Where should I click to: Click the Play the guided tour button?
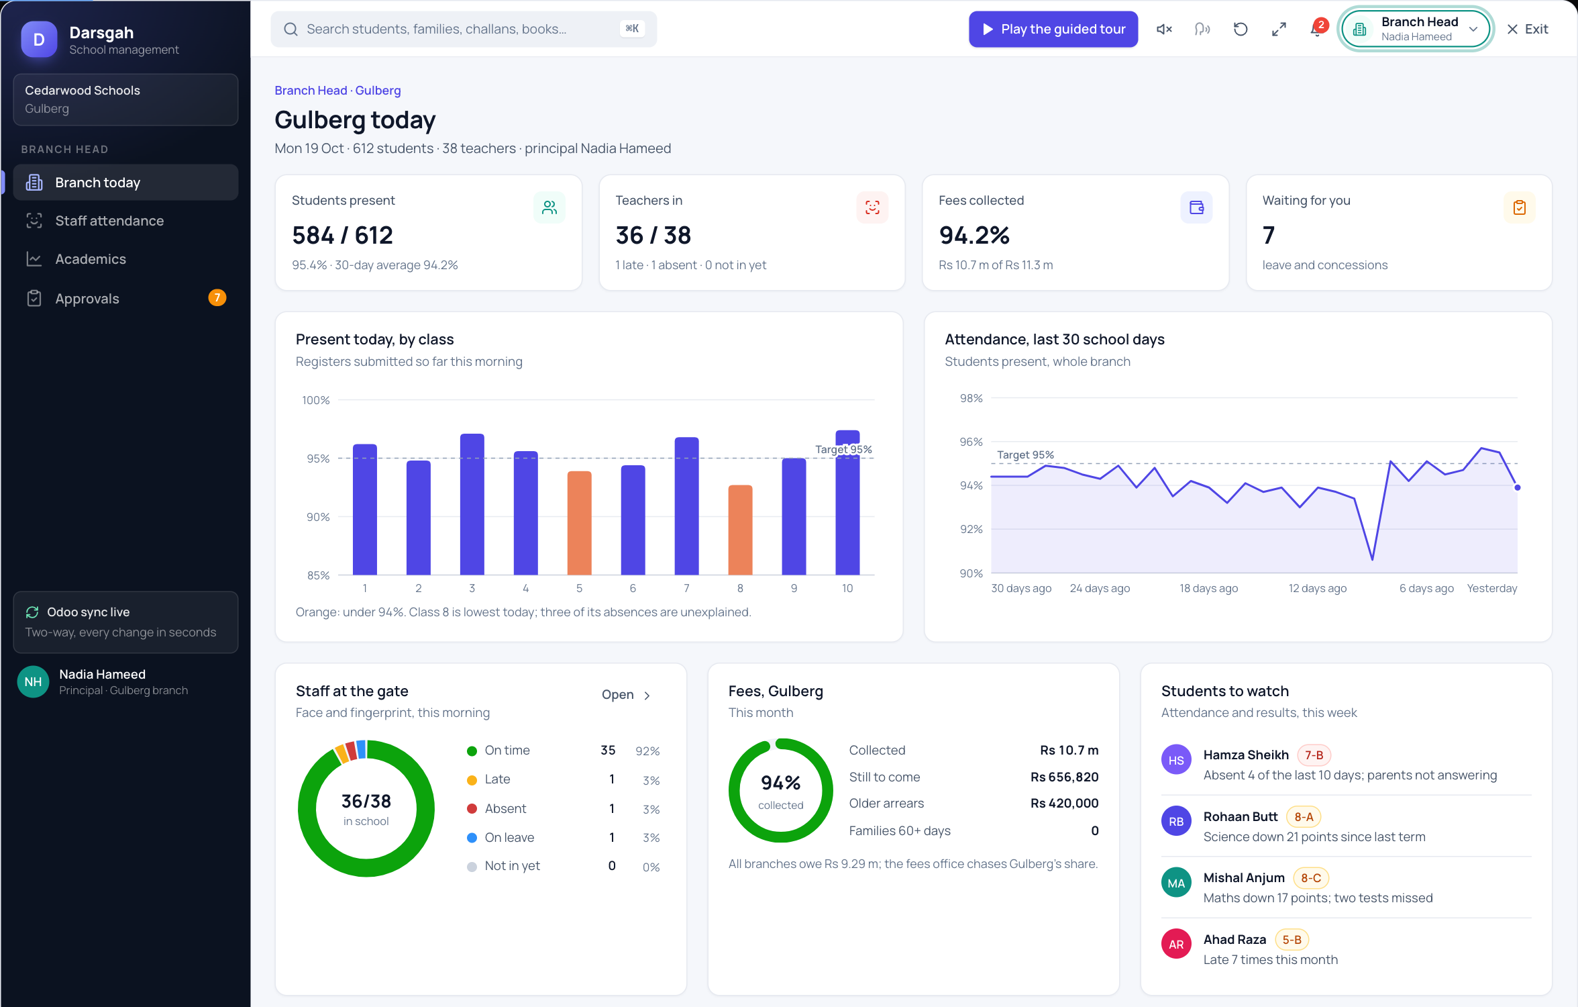pos(1053,29)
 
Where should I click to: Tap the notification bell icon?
pos(1316,30)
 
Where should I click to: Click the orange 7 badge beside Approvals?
pos(217,297)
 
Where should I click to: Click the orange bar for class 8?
pos(740,530)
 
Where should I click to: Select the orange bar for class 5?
pos(579,523)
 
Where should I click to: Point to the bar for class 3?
pos(472,504)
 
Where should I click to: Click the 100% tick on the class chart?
pos(315,400)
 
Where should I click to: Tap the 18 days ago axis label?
pos(1208,588)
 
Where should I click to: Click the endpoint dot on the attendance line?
pos(1517,487)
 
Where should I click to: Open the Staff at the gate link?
pos(625,695)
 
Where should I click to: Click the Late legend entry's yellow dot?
pos(472,779)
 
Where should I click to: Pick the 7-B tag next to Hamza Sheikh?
pos(1313,755)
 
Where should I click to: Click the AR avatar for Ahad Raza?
pos(1176,944)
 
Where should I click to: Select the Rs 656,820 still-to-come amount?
pos(1064,777)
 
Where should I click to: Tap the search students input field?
pos(464,29)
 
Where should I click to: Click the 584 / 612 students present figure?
pos(342,235)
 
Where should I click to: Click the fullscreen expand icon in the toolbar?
pos(1279,29)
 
